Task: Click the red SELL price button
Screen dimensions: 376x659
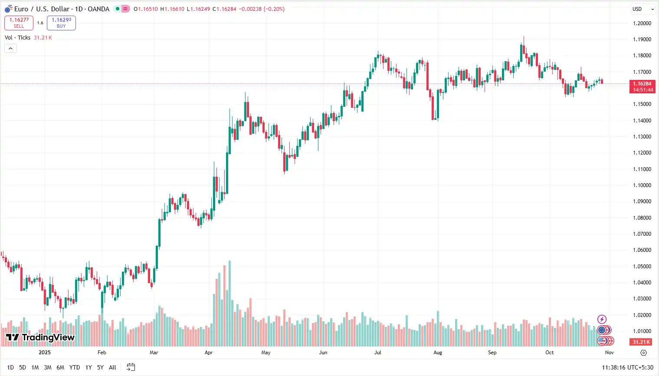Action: [x=19, y=23]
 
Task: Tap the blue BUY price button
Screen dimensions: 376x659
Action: [x=61, y=23]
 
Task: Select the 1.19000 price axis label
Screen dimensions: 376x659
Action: [x=642, y=40]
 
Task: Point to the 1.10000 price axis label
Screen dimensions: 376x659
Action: [x=642, y=185]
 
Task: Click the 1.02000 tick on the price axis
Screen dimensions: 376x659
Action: [x=642, y=315]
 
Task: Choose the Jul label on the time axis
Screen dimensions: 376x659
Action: [x=378, y=353]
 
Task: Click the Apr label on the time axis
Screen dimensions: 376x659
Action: [x=209, y=353]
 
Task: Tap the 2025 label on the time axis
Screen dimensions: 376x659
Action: [x=45, y=353]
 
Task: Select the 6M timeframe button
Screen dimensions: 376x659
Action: [x=60, y=367]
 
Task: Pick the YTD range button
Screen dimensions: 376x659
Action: [x=75, y=367]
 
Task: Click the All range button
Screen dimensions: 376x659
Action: [x=112, y=367]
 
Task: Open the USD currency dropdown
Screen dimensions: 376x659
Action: [x=643, y=9]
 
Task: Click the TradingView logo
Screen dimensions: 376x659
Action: [x=40, y=337]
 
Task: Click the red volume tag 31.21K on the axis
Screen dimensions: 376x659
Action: [x=641, y=342]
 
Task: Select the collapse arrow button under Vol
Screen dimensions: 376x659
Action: [x=10, y=48]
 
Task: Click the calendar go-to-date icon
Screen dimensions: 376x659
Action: [x=131, y=367]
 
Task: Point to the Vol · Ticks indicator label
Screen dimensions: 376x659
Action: [x=18, y=38]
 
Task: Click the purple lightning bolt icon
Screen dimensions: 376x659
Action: [x=602, y=320]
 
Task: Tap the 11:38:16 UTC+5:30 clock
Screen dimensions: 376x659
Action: [x=627, y=367]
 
